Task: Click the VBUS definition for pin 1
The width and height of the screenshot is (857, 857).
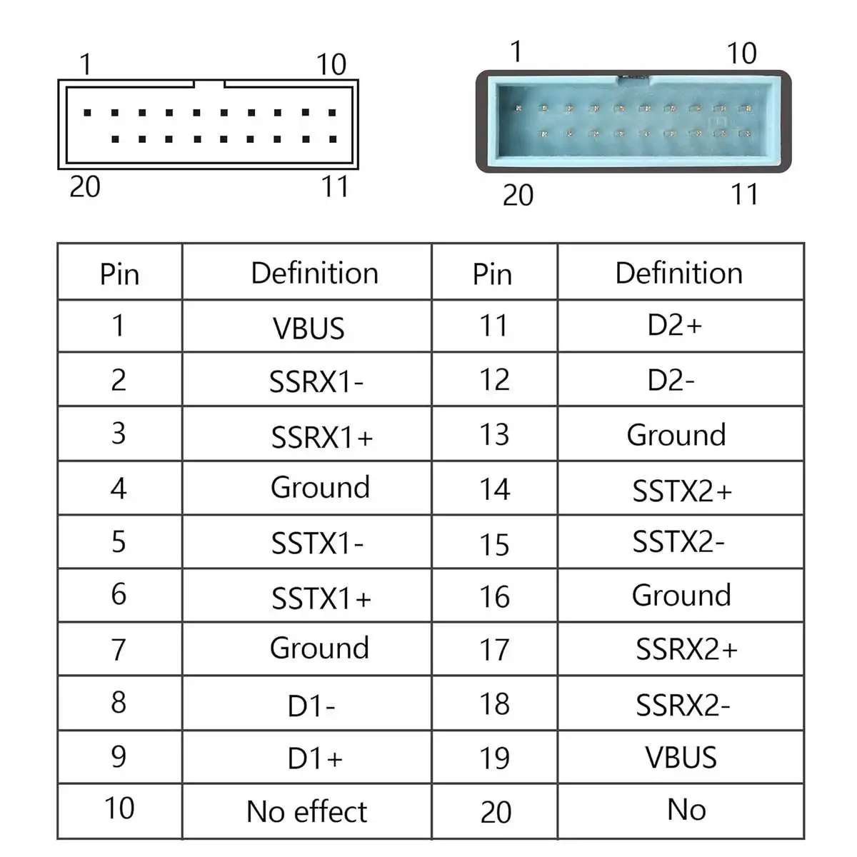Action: point(309,329)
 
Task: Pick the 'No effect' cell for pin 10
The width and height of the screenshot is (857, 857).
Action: point(306,811)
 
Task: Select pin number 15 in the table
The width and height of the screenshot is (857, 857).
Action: point(494,545)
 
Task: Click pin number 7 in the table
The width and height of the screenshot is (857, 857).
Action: point(119,650)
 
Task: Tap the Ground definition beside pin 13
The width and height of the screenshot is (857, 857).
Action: point(676,434)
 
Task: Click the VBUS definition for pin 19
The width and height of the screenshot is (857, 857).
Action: point(681,757)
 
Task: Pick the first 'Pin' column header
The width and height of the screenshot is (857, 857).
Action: point(119,274)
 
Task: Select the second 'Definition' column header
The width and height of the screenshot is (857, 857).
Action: point(678,273)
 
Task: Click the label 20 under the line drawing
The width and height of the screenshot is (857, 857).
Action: point(84,186)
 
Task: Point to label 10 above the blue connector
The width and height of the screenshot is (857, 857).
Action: point(741,54)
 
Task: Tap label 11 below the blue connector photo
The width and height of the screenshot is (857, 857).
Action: point(744,194)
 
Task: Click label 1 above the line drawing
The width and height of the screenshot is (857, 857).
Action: point(86,64)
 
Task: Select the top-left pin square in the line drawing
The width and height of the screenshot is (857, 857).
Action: point(87,113)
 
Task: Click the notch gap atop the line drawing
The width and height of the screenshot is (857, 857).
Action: point(209,84)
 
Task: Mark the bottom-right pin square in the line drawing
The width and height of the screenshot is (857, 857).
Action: point(333,139)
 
